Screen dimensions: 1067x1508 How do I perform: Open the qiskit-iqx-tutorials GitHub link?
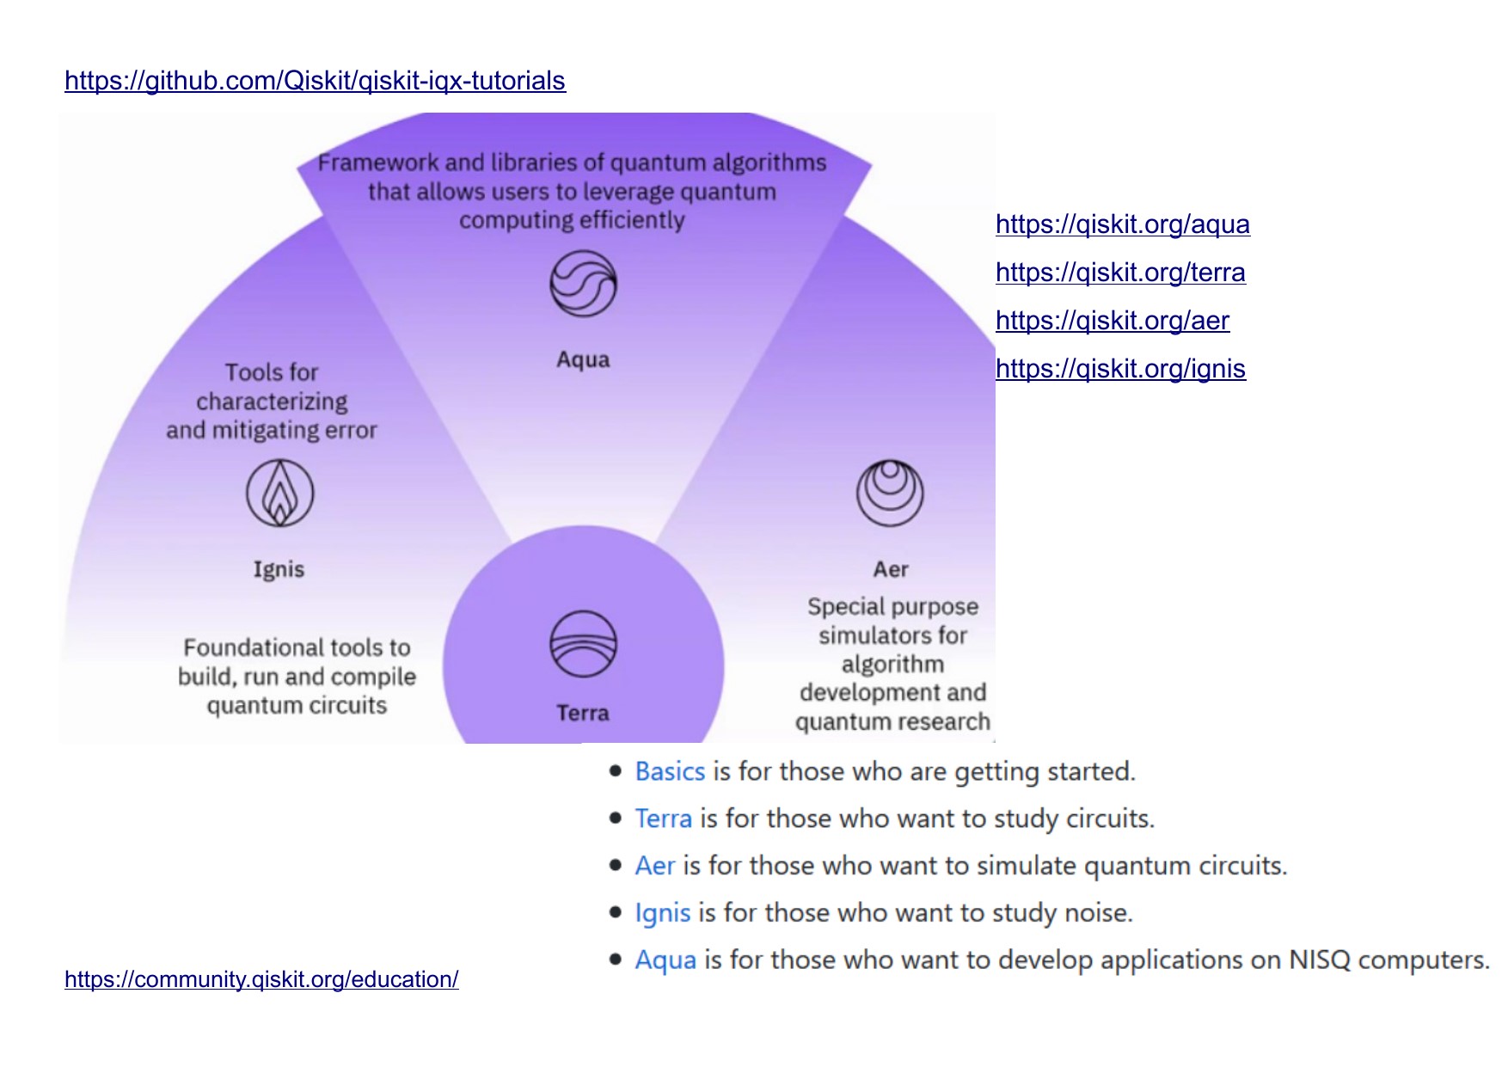(x=315, y=81)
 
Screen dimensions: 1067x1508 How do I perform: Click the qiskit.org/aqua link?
(x=1122, y=224)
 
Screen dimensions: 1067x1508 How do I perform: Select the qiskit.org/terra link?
(x=1119, y=273)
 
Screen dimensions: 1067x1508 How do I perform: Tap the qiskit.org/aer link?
(x=1112, y=321)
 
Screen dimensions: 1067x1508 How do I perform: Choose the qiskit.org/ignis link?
(x=1119, y=369)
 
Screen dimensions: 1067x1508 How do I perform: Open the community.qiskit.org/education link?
(x=261, y=979)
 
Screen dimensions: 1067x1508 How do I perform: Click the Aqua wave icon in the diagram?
(x=583, y=284)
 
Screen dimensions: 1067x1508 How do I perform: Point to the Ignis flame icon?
(x=279, y=493)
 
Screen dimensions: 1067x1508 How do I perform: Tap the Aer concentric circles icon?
(x=890, y=493)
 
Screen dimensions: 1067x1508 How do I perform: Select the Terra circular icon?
(x=583, y=644)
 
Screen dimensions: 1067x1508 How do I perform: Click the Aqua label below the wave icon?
(x=583, y=359)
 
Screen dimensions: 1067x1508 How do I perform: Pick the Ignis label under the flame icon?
(x=279, y=569)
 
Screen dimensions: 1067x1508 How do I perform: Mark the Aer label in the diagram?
(x=891, y=569)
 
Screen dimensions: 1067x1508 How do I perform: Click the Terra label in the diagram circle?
(x=583, y=713)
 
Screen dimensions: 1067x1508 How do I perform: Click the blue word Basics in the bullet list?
(x=670, y=772)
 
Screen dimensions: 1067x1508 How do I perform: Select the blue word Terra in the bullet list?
(x=663, y=819)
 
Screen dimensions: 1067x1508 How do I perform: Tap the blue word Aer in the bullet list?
(x=654, y=866)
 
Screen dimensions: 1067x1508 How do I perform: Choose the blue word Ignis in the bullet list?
(x=662, y=913)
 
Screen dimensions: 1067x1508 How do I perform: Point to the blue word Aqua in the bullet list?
(x=665, y=960)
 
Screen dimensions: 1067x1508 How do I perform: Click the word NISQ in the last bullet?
(x=1319, y=960)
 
